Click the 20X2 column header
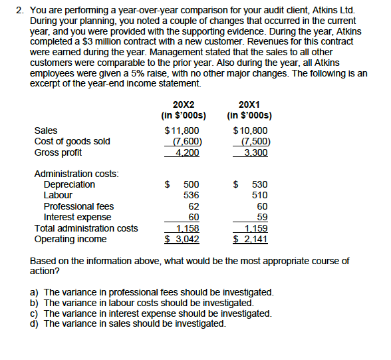click(x=184, y=104)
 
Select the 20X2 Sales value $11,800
click(x=182, y=130)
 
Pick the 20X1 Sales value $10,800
click(x=251, y=130)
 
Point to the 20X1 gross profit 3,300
click(x=255, y=152)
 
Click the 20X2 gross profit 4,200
click(x=187, y=152)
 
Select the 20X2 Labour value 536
click(x=191, y=195)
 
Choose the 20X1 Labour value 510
click(x=259, y=195)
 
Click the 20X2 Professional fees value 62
click(x=194, y=206)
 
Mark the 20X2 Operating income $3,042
click(x=182, y=239)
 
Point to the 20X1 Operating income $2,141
click(x=250, y=239)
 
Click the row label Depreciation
click(x=69, y=184)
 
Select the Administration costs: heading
click(x=76, y=174)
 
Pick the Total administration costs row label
click(x=86, y=228)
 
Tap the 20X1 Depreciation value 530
click(x=259, y=184)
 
